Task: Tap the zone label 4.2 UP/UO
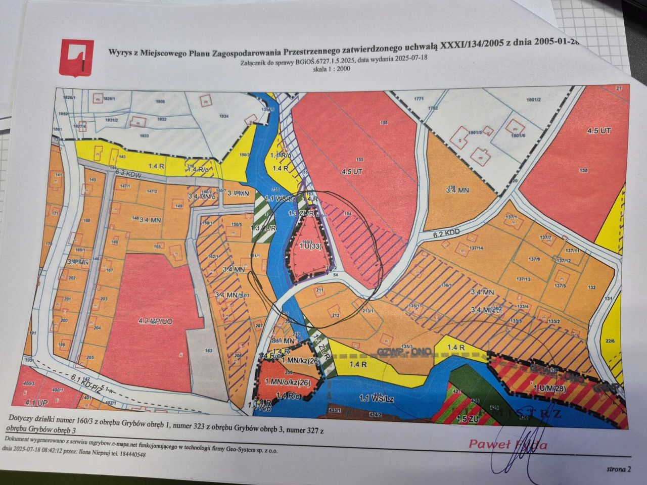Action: point(152,320)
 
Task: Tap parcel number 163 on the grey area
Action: point(208,350)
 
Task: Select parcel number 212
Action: point(335,315)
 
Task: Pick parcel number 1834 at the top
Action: point(224,116)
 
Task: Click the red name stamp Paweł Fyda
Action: point(507,444)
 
